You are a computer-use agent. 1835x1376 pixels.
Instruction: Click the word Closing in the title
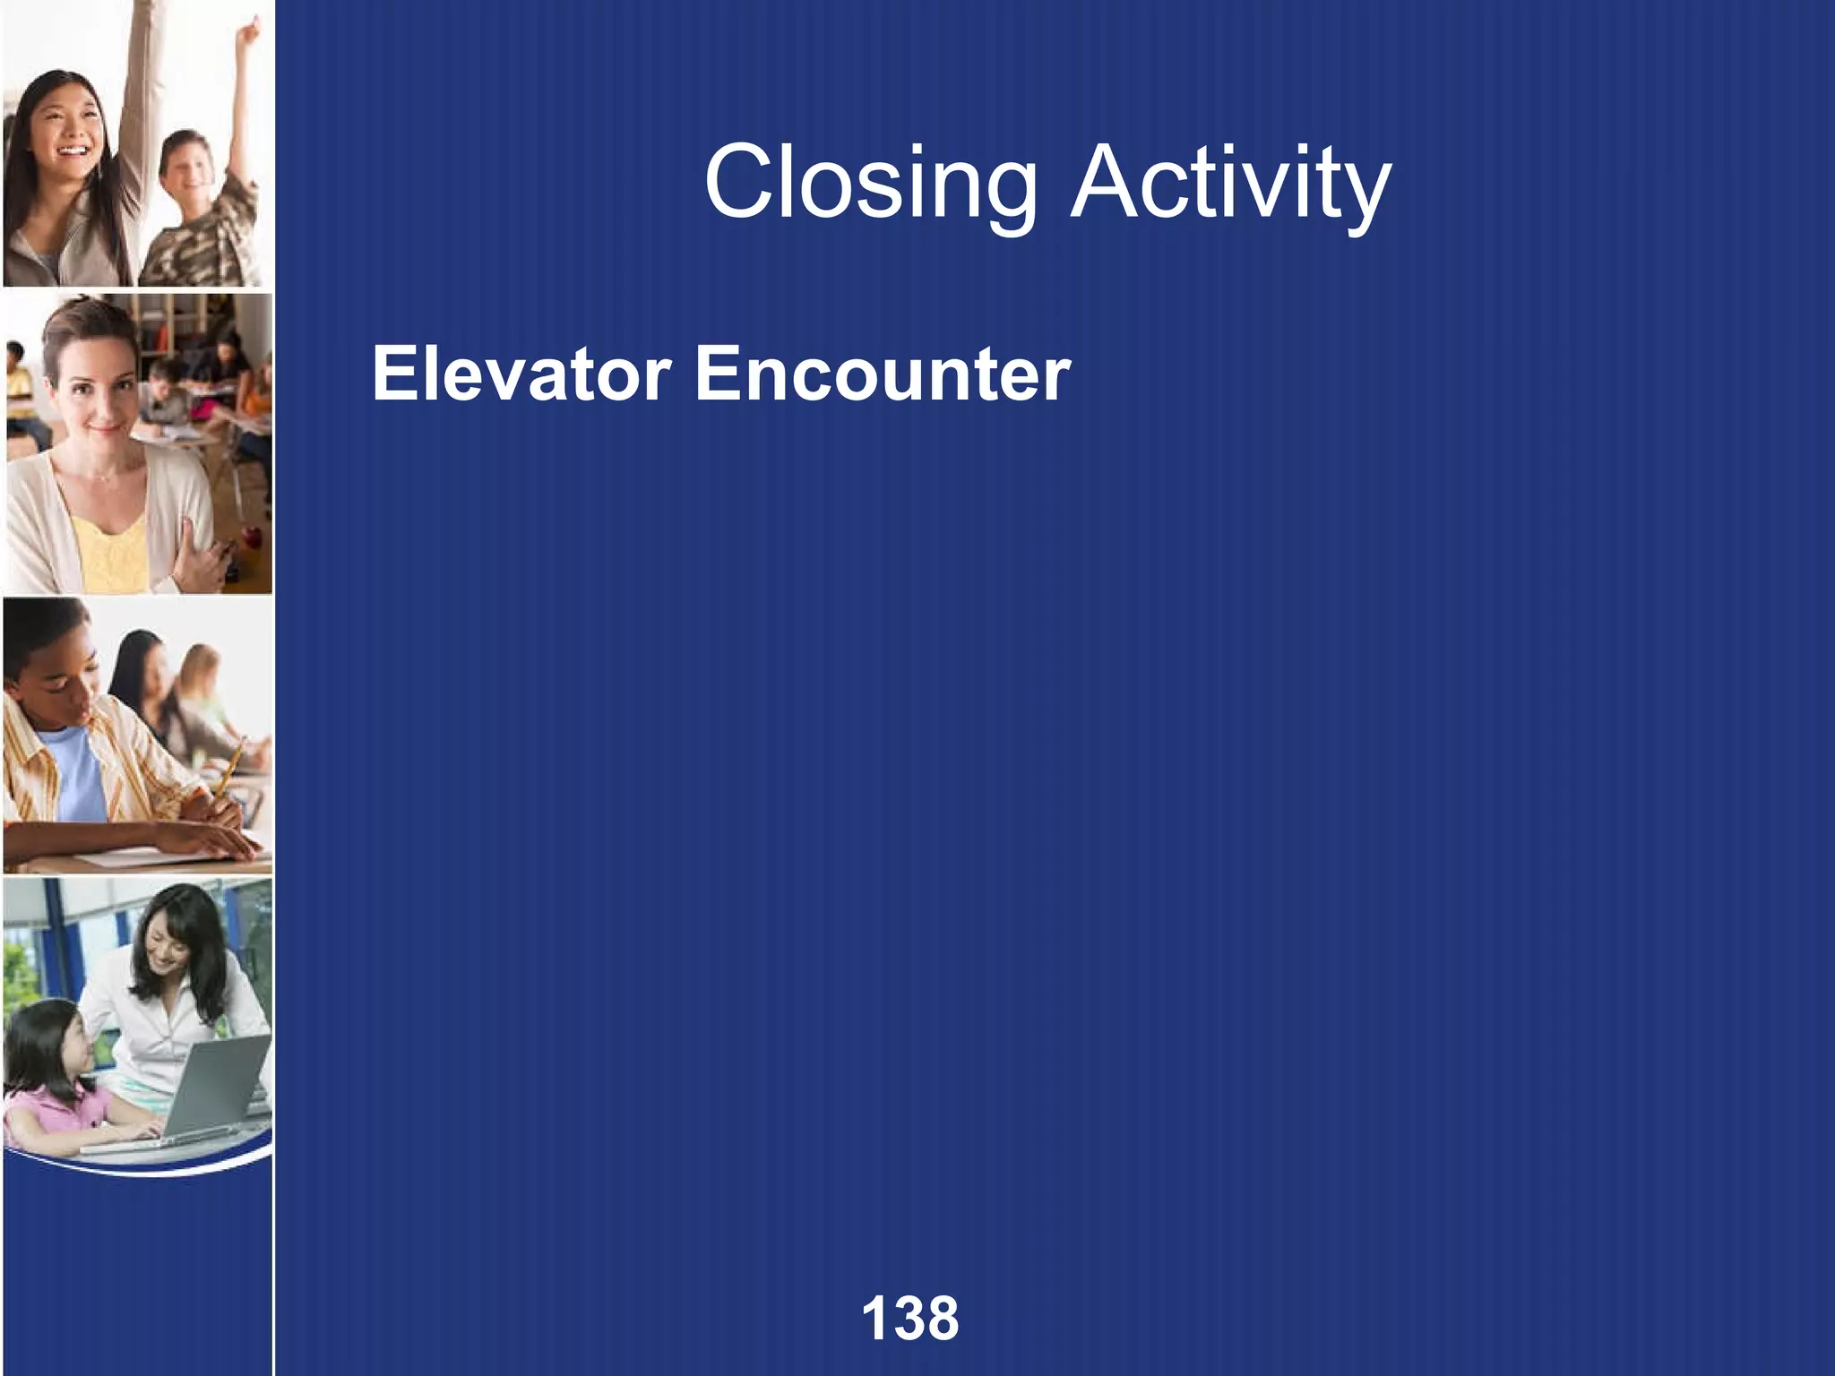click(869, 186)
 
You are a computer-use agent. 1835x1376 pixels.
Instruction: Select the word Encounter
click(883, 374)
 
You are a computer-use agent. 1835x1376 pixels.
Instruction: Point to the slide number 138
click(909, 1318)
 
